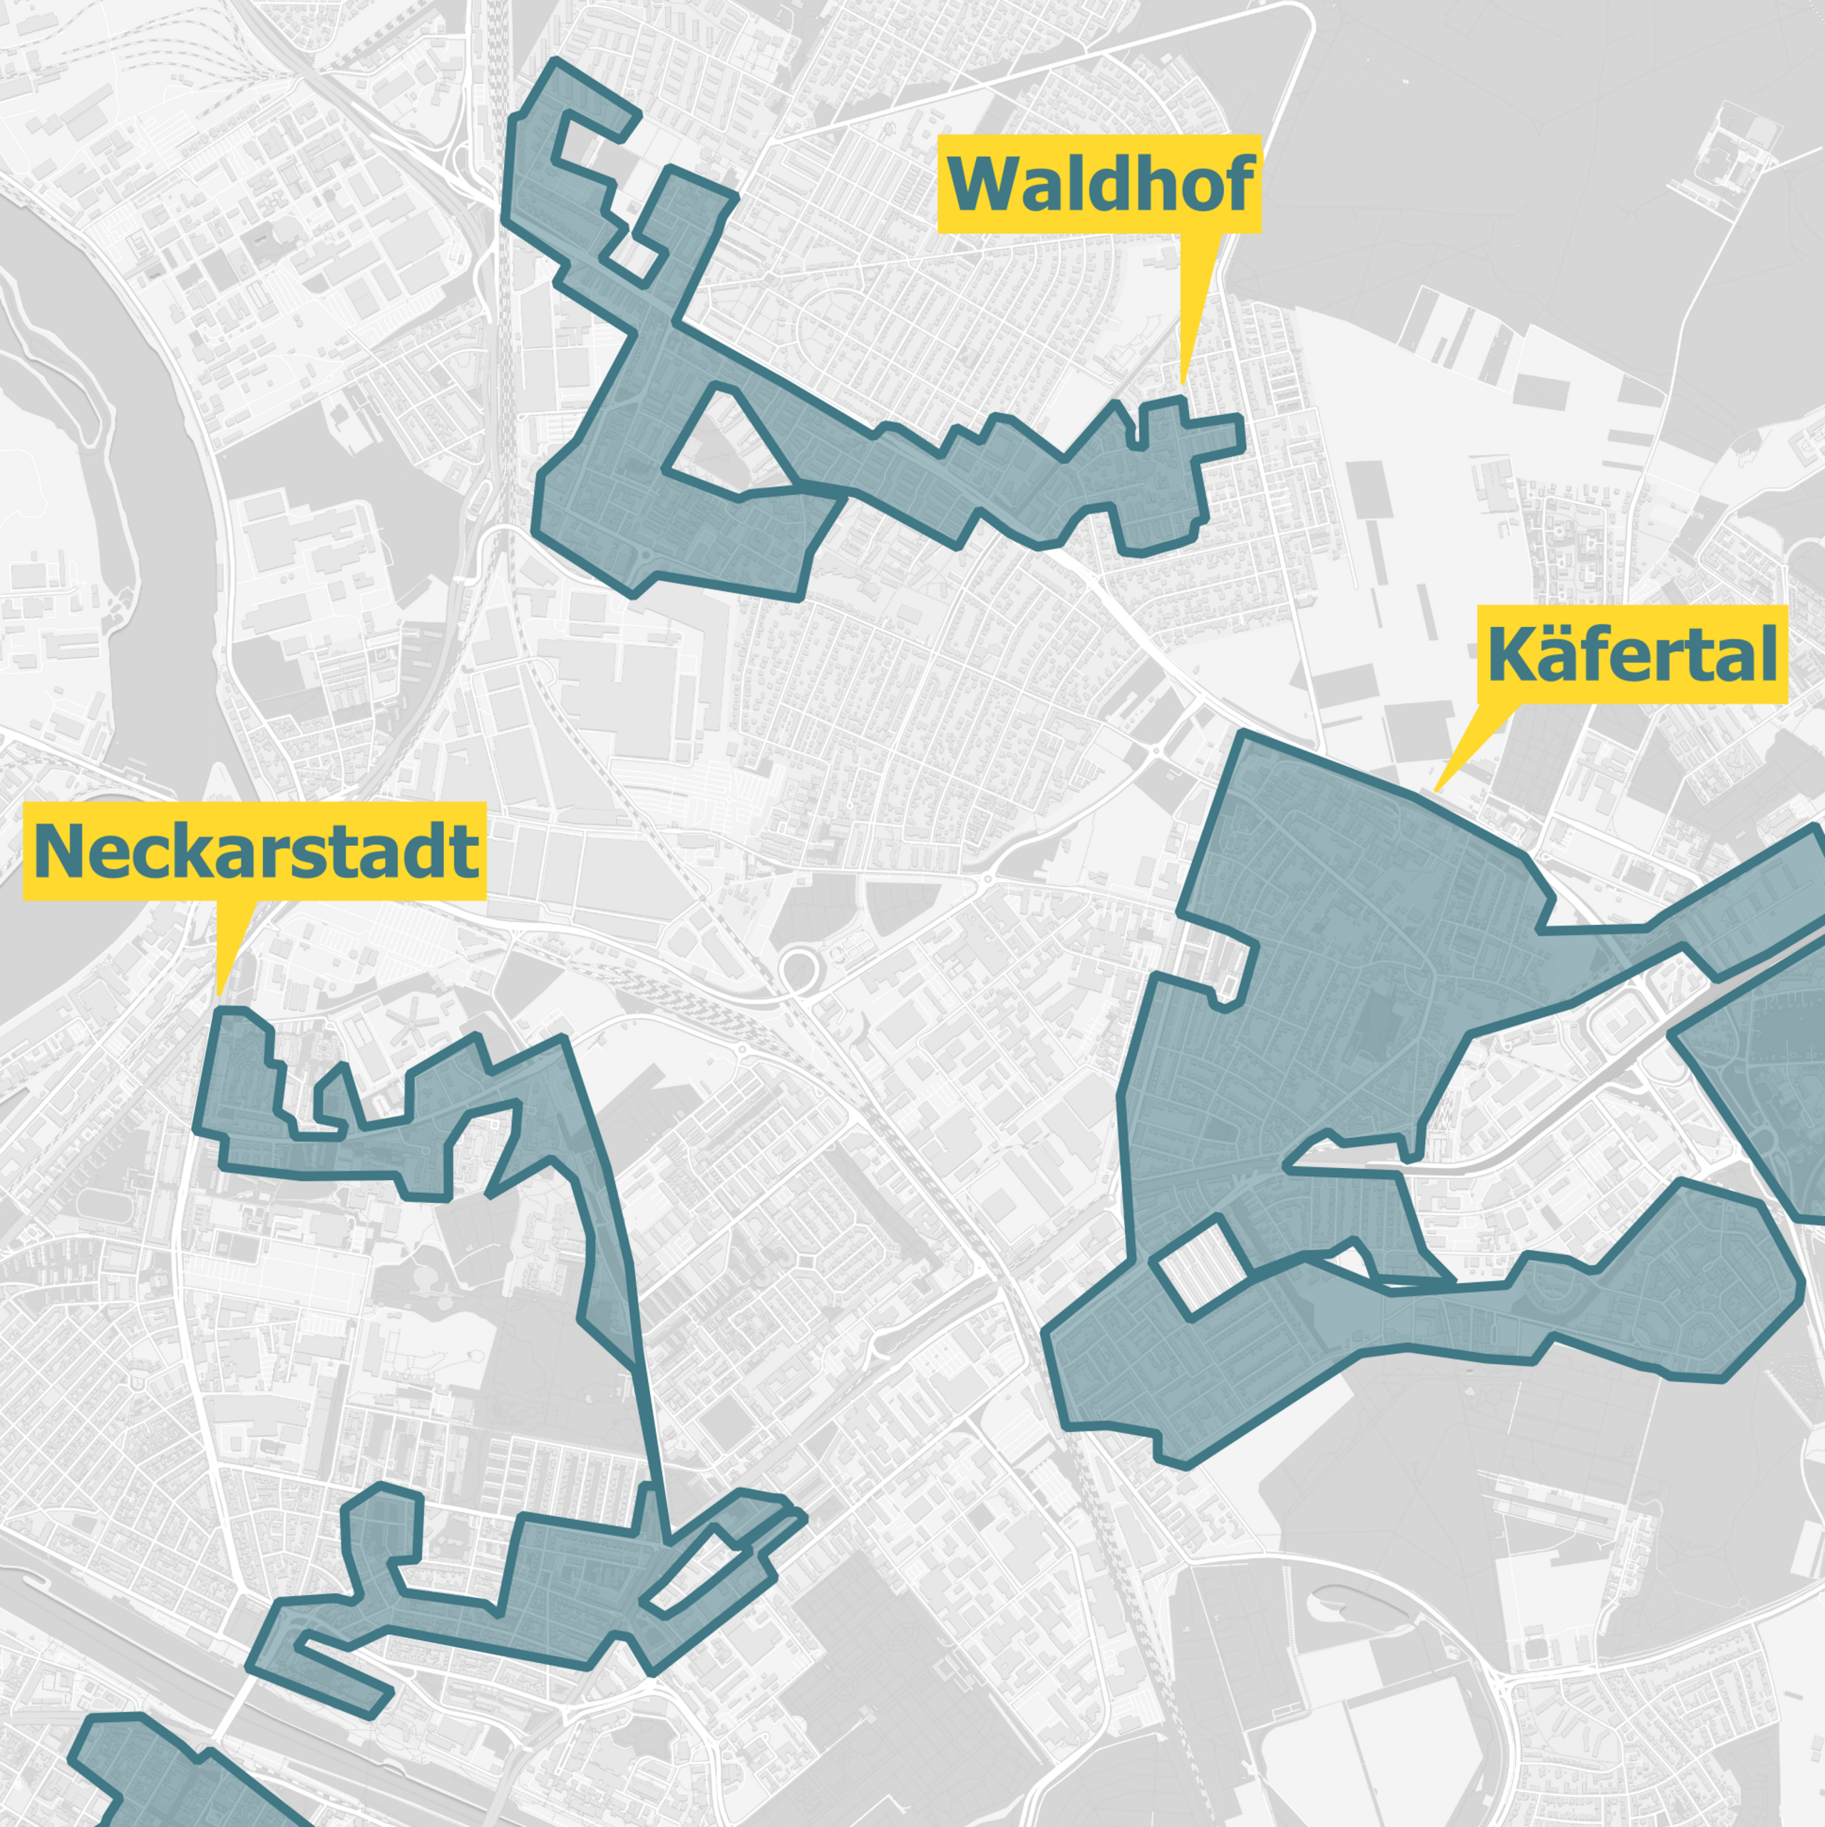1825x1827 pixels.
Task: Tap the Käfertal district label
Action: [1632, 655]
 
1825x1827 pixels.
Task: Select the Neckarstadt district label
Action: [255, 851]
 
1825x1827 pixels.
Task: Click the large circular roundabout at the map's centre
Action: [799, 968]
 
